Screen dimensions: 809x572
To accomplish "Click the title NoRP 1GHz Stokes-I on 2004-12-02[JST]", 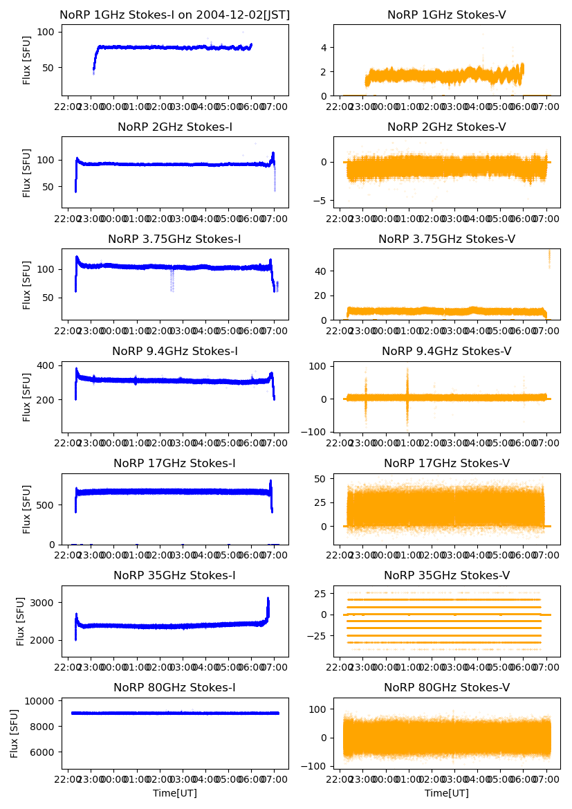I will [175, 15].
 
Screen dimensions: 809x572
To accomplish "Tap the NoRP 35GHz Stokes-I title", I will [175, 575].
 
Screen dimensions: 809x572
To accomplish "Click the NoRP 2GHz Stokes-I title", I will [175, 127].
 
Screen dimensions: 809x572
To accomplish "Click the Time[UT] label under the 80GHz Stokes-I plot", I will [175, 793].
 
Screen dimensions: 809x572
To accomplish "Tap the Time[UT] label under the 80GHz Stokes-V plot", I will [447, 793].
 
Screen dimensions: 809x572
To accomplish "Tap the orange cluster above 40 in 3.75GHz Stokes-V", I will [549, 257].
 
